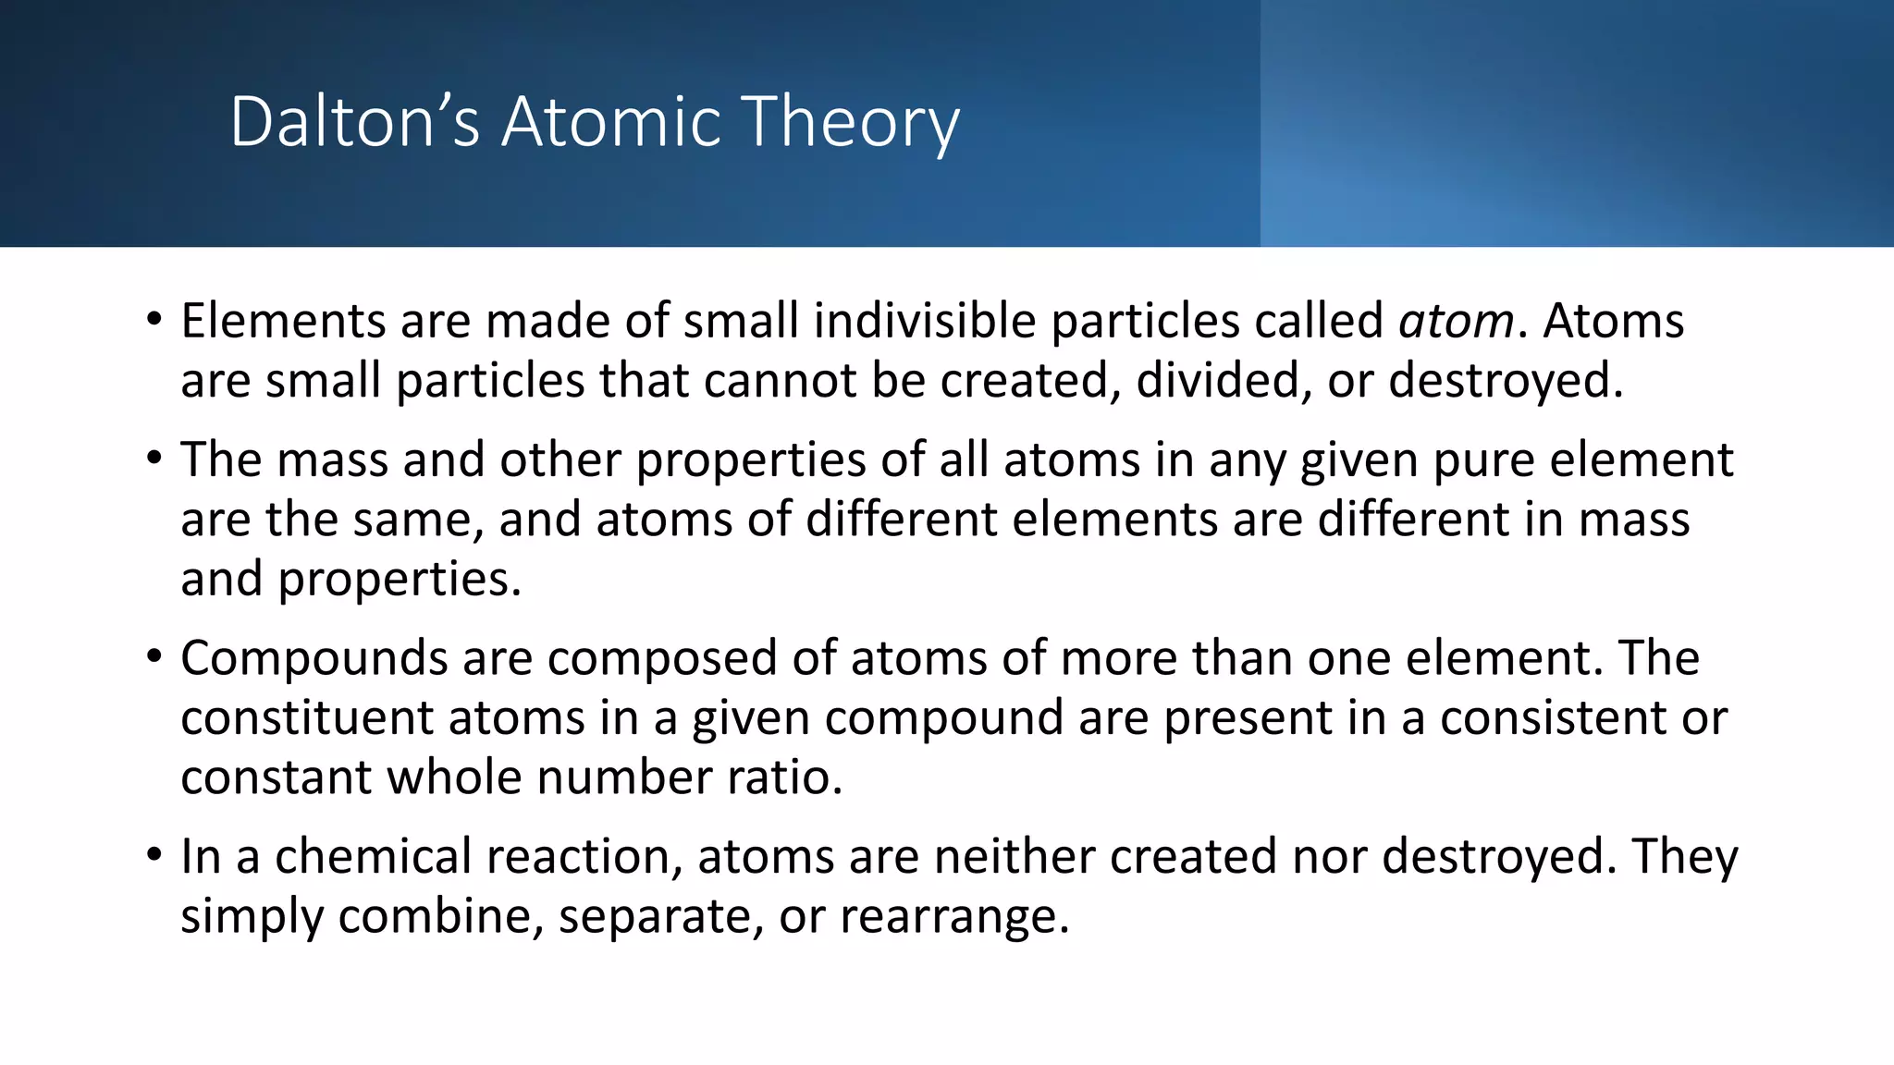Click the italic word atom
point(1456,322)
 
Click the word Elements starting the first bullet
point(282,321)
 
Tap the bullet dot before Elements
point(154,321)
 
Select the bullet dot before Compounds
point(154,658)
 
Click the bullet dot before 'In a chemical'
point(154,856)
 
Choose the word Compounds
point(314,658)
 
